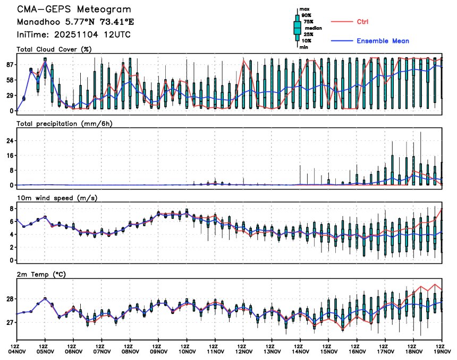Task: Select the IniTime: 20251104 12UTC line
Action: tap(73, 35)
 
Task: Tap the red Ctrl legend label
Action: tap(363, 22)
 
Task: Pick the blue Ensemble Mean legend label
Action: tap(383, 41)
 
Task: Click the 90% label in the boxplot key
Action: tap(306, 16)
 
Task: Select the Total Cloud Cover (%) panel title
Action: tap(54, 49)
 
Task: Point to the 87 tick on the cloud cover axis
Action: tap(9, 65)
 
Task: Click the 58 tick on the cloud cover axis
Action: tap(9, 80)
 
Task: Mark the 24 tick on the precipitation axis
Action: tap(9, 141)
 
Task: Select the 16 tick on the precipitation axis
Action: tap(9, 156)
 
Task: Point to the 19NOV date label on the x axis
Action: tap(442, 351)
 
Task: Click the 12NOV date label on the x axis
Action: tap(243, 351)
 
